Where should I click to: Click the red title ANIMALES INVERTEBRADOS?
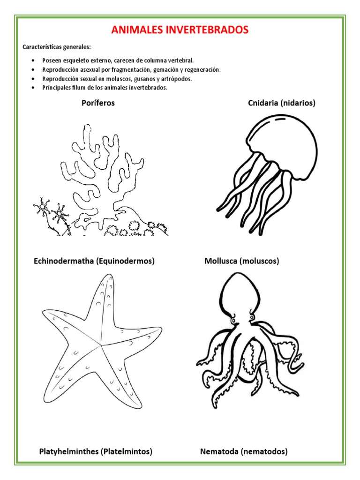tap(180, 30)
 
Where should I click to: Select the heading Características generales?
tap(57, 47)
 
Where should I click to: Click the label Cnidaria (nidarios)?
tap(282, 103)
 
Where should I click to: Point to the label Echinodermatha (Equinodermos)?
tap(94, 261)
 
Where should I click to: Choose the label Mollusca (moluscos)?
tap(241, 261)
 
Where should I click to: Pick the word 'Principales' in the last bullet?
tap(57, 88)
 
